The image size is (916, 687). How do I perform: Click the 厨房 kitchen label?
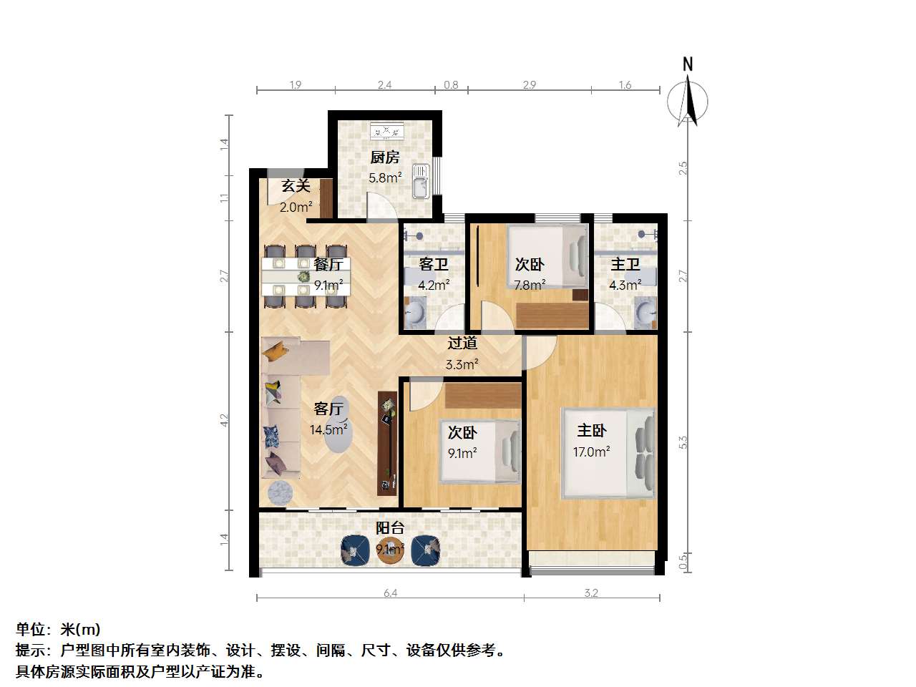[x=385, y=157]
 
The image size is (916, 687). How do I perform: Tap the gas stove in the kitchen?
[x=387, y=130]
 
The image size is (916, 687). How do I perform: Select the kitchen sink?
[x=421, y=181]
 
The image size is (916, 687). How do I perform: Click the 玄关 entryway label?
[x=296, y=186]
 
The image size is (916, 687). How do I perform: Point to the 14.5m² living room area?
[x=328, y=429]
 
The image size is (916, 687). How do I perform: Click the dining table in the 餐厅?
[x=306, y=276]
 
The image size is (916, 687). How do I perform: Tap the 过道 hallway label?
[x=462, y=343]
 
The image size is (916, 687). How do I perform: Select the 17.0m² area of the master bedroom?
[x=591, y=452]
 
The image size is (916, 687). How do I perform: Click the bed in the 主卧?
[x=608, y=454]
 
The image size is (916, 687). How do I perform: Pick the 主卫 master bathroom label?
[x=625, y=264]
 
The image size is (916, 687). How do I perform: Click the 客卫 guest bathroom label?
[x=434, y=264]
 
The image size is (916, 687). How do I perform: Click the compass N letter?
[x=688, y=64]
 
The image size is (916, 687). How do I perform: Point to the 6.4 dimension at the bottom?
[x=391, y=593]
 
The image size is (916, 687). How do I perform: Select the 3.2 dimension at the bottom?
[x=591, y=593]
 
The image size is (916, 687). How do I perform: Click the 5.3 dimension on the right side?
[x=683, y=442]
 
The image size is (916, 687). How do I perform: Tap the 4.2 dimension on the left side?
[x=225, y=421]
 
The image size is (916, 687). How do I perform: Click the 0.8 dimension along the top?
[x=451, y=85]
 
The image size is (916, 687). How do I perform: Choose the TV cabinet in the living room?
[x=387, y=444]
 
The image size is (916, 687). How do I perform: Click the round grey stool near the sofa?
[x=280, y=493]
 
